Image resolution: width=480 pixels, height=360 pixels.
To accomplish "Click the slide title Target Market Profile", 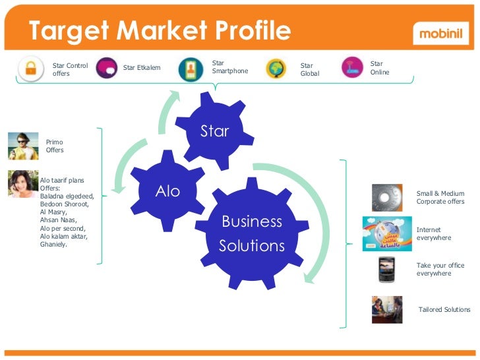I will [x=159, y=31].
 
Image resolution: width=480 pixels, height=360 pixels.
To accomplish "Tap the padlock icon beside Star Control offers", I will [x=30, y=69].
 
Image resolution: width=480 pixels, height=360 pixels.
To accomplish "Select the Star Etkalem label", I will [x=142, y=68].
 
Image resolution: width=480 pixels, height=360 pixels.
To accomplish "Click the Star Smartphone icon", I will [x=191, y=69].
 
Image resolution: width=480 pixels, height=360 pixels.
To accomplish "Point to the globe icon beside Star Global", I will [x=276, y=69].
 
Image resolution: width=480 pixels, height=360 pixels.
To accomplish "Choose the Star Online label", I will [x=380, y=68].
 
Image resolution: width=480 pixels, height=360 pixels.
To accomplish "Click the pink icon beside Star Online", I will [x=353, y=68].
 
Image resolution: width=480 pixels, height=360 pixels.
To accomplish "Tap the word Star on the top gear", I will [x=214, y=131].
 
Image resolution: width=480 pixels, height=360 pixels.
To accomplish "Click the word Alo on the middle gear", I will [x=167, y=191].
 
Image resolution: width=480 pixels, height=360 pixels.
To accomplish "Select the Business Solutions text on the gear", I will [x=252, y=233].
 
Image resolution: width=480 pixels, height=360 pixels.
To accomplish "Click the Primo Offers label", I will [x=55, y=146].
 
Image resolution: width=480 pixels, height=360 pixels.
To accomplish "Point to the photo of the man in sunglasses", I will [x=23, y=146].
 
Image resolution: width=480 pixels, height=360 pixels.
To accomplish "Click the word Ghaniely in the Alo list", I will [x=54, y=244].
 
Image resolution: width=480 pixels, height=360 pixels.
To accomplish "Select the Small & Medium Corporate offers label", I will [x=440, y=197].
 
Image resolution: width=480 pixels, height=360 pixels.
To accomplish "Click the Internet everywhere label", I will [x=434, y=233].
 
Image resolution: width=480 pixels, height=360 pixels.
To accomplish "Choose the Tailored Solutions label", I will [x=444, y=309].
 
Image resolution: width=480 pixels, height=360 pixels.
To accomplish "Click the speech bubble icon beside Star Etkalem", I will [x=107, y=68].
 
